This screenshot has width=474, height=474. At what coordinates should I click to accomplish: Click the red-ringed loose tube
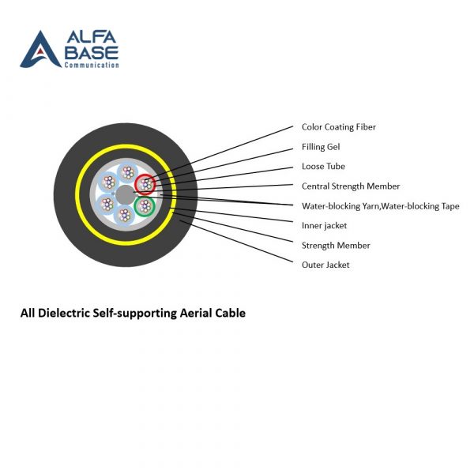(x=145, y=184)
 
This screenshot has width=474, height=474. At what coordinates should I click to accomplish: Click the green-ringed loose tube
(x=144, y=207)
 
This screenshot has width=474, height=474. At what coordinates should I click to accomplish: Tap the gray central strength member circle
(x=124, y=195)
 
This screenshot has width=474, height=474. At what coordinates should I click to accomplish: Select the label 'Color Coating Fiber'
(x=339, y=127)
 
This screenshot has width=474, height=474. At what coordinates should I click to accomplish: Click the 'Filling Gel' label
(x=321, y=147)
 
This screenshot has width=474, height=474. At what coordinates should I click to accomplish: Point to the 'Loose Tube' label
(x=323, y=167)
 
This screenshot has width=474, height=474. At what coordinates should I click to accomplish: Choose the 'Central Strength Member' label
(x=351, y=186)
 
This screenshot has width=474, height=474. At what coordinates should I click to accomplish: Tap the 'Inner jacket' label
(x=324, y=226)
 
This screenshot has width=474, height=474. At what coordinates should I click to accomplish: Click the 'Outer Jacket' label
(x=325, y=265)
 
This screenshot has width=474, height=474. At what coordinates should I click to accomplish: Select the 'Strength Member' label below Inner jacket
(x=336, y=246)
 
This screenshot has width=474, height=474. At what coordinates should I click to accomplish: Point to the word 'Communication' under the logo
(x=92, y=65)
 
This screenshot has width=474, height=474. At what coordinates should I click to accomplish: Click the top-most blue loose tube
(x=126, y=173)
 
